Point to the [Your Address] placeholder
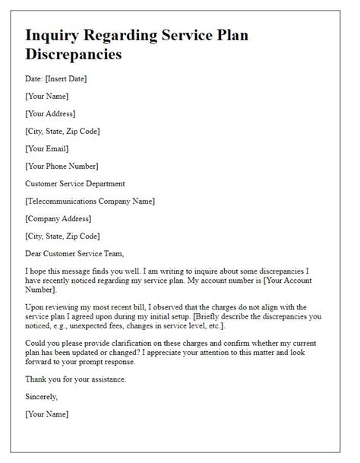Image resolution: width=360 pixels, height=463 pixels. click(50, 113)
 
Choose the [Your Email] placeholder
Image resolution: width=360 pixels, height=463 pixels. click(46, 148)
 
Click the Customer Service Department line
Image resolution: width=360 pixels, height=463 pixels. click(74, 183)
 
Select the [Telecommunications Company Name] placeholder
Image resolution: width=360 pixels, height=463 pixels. click(90, 201)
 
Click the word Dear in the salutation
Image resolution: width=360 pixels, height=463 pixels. click(35, 253)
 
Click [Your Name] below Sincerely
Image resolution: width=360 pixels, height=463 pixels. click(46, 414)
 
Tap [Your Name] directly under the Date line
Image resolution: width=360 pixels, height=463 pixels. click(46, 96)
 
